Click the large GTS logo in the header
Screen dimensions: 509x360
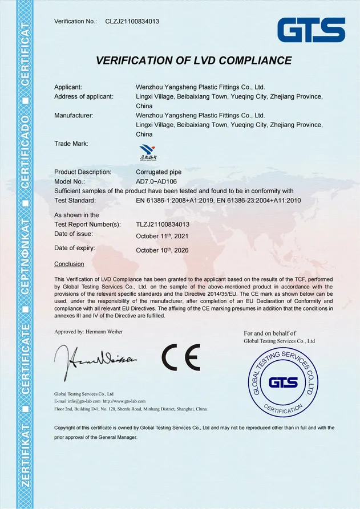click(x=311, y=30)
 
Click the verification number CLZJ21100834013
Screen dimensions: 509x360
click(x=132, y=22)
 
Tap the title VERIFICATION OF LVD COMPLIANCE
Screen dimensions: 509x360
click(x=193, y=60)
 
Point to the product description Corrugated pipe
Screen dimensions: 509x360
click(x=159, y=172)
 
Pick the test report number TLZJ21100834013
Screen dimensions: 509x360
click(x=171, y=225)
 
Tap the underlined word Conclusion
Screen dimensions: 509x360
click(x=69, y=264)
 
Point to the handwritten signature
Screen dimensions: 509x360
click(x=95, y=359)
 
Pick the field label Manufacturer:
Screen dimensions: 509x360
click(x=74, y=115)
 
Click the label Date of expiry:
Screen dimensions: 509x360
click(x=75, y=248)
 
